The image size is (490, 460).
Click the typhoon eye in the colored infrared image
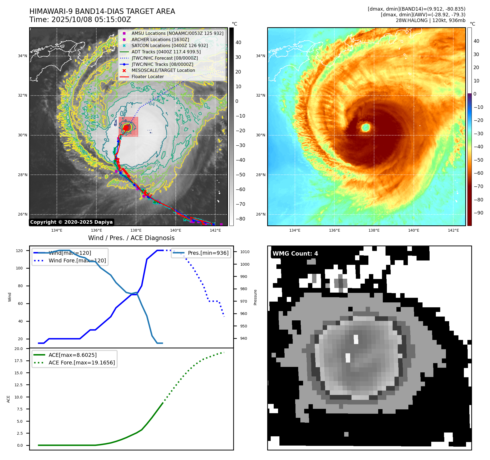[x=366, y=127]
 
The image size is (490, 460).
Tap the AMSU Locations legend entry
[x=177, y=33]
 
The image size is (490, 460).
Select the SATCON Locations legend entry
[x=169, y=46]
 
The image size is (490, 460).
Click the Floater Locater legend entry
[x=147, y=77]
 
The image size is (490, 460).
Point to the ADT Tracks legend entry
[x=166, y=52]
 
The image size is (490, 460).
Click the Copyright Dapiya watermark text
[x=71, y=222]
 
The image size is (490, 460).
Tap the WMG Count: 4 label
[x=295, y=254]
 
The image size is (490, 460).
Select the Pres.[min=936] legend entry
[x=208, y=253]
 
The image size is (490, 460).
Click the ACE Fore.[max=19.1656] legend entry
[x=82, y=363]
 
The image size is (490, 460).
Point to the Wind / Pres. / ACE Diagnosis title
[x=131, y=238]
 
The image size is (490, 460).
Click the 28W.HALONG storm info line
[x=430, y=20]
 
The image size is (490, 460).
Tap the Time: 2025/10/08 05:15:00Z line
[x=80, y=20]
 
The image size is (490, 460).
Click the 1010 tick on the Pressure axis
[x=245, y=252]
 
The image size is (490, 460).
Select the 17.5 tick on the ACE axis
[x=19, y=361]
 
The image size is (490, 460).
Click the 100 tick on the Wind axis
[x=19, y=268]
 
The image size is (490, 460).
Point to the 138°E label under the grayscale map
[x=136, y=231]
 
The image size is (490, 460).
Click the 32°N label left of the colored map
[x=260, y=96]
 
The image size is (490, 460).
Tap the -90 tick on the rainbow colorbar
[x=478, y=213]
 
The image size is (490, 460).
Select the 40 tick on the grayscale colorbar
[x=238, y=42]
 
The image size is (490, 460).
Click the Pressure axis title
[x=255, y=297]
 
